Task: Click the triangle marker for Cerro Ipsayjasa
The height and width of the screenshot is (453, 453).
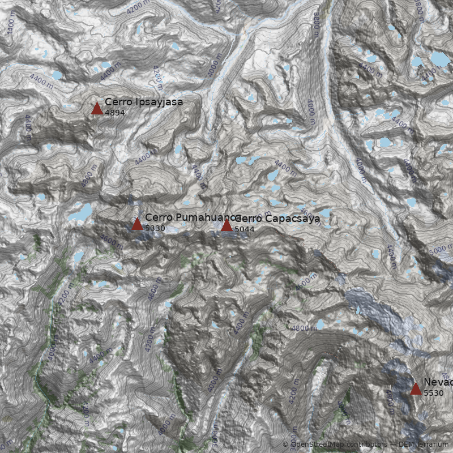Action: (x=97, y=108)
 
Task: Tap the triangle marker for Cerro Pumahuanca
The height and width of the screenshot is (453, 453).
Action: (x=137, y=224)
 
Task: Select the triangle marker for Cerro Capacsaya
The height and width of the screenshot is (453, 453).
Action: (x=226, y=225)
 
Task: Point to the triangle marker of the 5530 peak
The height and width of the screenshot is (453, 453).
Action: (x=416, y=388)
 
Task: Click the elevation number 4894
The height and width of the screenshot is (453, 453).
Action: (x=115, y=113)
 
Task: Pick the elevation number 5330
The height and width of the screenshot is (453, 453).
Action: (x=155, y=228)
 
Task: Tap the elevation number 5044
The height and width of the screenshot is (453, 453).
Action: (x=245, y=229)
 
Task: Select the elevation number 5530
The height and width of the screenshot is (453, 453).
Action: (x=434, y=393)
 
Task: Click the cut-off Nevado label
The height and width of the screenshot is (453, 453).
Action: (x=438, y=383)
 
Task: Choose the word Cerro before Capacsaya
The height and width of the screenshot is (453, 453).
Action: (x=248, y=219)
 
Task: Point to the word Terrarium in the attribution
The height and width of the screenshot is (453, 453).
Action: (x=431, y=445)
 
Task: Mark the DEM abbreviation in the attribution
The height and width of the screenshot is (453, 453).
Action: (x=405, y=445)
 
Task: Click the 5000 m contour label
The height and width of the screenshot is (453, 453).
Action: (x=441, y=250)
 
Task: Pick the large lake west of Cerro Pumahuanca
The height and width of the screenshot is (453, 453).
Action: (x=80, y=213)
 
